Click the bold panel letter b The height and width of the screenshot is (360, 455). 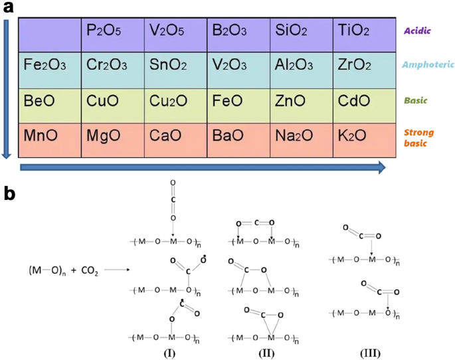click(x=10, y=193)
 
